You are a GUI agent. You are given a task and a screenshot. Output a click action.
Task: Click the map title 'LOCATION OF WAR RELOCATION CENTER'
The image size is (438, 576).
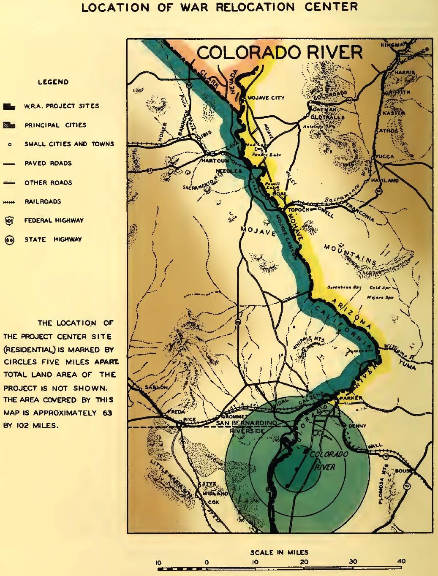[x=219, y=7]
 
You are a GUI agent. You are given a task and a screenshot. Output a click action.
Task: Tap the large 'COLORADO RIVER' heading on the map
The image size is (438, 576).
[x=280, y=53]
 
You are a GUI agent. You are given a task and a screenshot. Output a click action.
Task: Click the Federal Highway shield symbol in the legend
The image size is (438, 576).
[x=9, y=220]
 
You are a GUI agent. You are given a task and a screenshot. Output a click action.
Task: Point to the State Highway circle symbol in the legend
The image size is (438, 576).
[x=9, y=240]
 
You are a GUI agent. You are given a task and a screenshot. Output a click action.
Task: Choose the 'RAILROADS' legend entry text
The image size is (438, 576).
[x=43, y=202]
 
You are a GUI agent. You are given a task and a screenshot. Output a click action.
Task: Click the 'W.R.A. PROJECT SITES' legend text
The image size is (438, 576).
[x=61, y=106]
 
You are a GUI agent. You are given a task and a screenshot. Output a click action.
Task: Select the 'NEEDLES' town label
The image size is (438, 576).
[x=229, y=171]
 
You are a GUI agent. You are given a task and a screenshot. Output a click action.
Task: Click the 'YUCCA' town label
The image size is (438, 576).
[x=385, y=156]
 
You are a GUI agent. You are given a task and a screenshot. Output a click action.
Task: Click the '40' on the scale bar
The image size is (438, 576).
[x=401, y=561]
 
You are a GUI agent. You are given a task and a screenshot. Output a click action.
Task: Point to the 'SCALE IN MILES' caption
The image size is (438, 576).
[x=279, y=552]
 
